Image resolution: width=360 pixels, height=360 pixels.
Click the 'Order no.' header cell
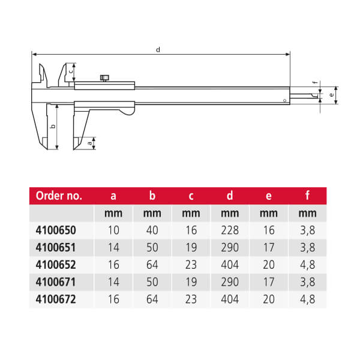pyautogui.click(x=59, y=196)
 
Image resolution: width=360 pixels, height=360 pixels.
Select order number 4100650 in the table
pyautogui.click(x=56, y=230)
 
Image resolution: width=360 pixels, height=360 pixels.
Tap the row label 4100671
pyautogui.click(x=56, y=282)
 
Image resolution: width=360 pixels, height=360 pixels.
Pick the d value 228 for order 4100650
pyautogui.click(x=230, y=230)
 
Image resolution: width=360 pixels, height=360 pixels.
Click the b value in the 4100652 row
pyautogui.click(x=152, y=265)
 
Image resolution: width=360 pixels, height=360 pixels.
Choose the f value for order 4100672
pyautogui.click(x=307, y=299)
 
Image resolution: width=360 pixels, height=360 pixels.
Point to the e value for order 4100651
pyautogui.click(x=269, y=247)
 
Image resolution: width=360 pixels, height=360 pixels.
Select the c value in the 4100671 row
pyautogui.click(x=191, y=282)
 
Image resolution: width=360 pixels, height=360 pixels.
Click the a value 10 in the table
pyautogui.click(x=113, y=230)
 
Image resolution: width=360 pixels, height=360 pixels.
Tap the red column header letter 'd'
pyautogui.click(x=230, y=196)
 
